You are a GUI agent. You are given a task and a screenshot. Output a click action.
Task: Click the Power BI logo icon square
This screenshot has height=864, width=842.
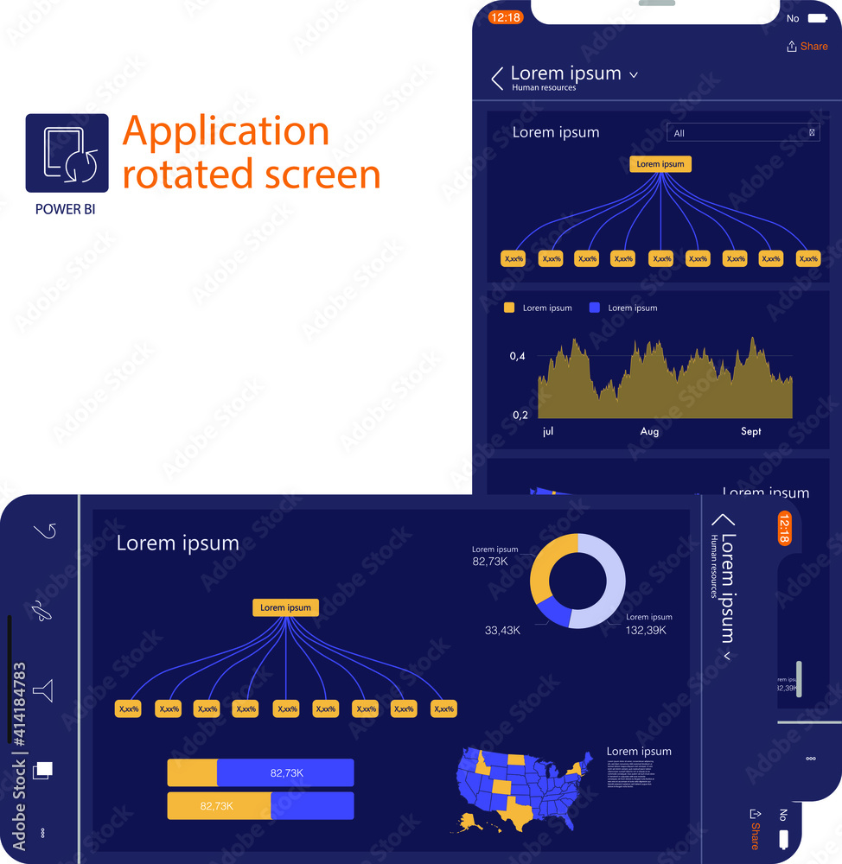[x=67, y=153]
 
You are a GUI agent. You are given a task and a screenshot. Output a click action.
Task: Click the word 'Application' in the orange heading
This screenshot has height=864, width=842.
[x=226, y=131]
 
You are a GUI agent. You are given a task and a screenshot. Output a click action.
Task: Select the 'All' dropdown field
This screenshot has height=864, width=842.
[x=743, y=133]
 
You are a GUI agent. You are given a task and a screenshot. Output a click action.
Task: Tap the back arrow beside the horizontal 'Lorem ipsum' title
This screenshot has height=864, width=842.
[x=497, y=79]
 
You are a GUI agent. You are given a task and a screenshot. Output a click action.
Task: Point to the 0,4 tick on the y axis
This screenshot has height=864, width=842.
[x=519, y=356]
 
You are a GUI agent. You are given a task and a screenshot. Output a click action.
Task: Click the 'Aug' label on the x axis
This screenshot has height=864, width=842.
[x=649, y=431]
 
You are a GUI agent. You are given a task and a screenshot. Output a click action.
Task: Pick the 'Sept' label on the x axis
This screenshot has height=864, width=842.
[x=750, y=431]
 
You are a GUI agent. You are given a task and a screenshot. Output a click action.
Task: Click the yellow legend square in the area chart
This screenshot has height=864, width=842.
[x=509, y=308]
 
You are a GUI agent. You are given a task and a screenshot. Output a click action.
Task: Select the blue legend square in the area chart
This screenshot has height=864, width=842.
[x=594, y=308]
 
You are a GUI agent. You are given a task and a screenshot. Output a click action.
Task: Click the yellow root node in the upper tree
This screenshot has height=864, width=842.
[x=660, y=164]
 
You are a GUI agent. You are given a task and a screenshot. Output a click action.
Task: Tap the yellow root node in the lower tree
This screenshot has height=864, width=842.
[x=285, y=607]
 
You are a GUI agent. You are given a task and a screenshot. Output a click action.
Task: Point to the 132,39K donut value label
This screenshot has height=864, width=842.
[x=649, y=631]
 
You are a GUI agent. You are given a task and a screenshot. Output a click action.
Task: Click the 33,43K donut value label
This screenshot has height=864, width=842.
[x=502, y=631]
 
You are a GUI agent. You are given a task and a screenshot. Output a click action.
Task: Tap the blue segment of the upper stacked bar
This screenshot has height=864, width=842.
[x=285, y=772]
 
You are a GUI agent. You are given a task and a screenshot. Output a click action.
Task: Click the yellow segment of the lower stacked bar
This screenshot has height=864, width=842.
[x=219, y=805]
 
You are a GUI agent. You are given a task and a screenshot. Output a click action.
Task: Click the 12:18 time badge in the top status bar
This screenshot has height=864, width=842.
[x=505, y=17]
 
